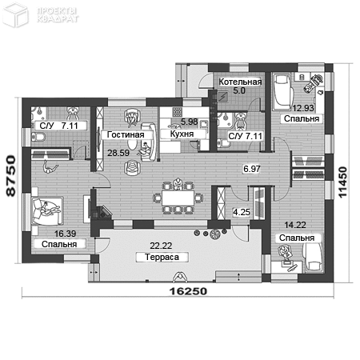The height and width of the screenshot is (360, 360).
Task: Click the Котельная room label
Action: (240, 82)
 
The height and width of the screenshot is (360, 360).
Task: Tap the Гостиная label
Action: (126, 134)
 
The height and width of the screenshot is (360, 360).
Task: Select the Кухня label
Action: (182, 134)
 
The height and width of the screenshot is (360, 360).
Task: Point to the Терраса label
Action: (162, 258)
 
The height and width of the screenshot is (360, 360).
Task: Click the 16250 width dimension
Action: (188, 291)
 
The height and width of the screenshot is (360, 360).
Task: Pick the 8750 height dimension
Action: (11, 176)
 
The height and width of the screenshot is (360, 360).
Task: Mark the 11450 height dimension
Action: (342, 182)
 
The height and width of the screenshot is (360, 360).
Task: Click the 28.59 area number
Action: (118, 153)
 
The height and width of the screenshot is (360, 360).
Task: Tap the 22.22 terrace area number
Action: (161, 246)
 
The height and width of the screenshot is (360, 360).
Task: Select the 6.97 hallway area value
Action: (252, 169)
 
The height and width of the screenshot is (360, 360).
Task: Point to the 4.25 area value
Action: (242, 212)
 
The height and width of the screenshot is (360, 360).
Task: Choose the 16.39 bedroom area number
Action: (65, 234)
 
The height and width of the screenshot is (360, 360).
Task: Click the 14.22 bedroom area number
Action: (295, 225)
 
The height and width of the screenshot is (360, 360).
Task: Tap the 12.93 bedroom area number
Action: (303, 108)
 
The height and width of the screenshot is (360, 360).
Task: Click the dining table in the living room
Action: (178, 198)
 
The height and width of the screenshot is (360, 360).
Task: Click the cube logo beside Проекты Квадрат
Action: (15, 15)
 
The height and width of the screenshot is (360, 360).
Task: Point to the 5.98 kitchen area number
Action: (190, 122)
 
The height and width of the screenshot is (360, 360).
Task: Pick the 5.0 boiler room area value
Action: (239, 90)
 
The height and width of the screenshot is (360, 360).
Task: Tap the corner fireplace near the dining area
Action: (102, 212)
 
